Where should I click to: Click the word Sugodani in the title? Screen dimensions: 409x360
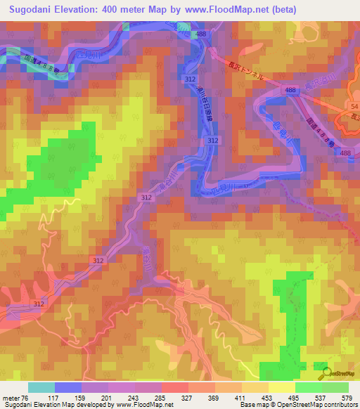[x=34, y=10]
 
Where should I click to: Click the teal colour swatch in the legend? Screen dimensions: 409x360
[x=41, y=387]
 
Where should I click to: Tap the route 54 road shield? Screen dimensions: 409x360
[x=354, y=105]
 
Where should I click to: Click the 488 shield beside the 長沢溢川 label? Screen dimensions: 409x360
[x=291, y=91]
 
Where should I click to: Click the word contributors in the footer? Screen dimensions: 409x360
[x=335, y=405]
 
